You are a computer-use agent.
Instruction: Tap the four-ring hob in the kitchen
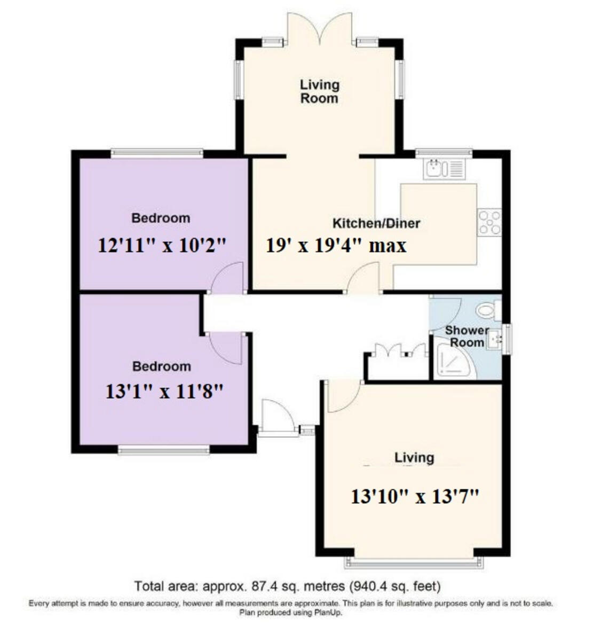(489, 222)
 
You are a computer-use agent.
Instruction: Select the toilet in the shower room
(488, 310)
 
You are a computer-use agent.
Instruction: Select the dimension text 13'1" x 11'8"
(163, 392)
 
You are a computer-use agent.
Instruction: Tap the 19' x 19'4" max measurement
(336, 246)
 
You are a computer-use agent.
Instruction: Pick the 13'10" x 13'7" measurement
(414, 497)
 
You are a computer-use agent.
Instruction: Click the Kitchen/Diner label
(376, 223)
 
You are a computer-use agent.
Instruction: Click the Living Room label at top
(319, 91)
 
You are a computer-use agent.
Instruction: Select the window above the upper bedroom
(157, 154)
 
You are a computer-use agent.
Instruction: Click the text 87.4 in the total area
(262, 586)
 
